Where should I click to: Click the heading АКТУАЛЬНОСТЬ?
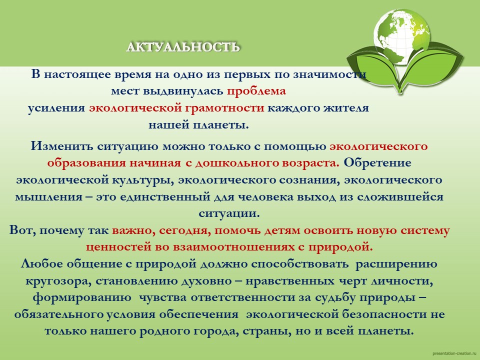click(x=183, y=47)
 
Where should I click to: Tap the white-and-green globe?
click(x=402, y=36)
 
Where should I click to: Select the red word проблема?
click(x=256, y=91)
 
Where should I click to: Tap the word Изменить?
click(x=62, y=146)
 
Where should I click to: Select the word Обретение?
click(x=377, y=162)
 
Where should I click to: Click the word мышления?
click(x=48, y=196)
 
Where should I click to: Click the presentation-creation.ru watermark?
click(x=455, y=353)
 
